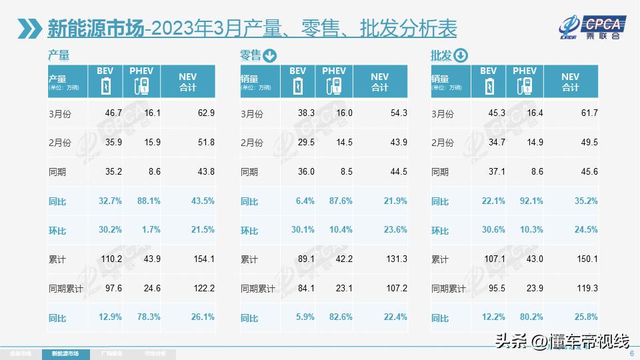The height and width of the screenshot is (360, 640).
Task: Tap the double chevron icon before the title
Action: coord(31,29)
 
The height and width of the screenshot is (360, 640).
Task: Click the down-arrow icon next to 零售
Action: coord(269,56)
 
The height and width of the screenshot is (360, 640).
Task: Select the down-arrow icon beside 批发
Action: coord(461,56)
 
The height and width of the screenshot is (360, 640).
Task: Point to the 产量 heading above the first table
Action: coord(59,56)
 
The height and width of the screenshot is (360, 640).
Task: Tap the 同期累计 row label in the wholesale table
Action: coord(448,289)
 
